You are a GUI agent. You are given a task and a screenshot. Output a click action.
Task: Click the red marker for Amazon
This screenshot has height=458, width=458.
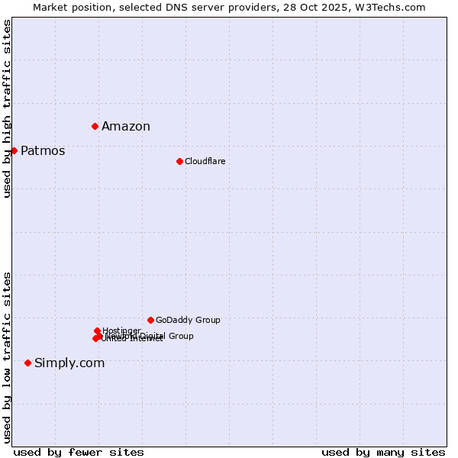(x=95, y=126)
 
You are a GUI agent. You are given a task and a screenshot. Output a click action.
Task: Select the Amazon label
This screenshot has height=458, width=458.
(x=126, y=127)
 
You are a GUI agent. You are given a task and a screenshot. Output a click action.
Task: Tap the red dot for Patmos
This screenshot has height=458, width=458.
(x=14, y=150)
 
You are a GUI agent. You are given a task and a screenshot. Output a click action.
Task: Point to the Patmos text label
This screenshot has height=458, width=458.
(x=43, y=151)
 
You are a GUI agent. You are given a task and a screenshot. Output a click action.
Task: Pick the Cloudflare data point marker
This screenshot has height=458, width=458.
(x=179, y=161)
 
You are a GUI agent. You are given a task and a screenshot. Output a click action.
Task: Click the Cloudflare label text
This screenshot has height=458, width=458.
(x=205, y=161)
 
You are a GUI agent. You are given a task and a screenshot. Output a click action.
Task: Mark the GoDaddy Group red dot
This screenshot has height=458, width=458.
(x=150, y=320)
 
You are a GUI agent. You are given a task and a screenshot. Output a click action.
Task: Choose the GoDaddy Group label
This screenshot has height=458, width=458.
(x=188, y=321)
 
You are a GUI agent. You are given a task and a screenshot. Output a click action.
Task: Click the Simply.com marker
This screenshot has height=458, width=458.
(x=27, y=363)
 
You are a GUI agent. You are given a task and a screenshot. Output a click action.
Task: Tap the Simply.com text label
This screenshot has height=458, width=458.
(x=69, y=363)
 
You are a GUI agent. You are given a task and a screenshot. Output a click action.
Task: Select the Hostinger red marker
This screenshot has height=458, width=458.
(x=97, y=331)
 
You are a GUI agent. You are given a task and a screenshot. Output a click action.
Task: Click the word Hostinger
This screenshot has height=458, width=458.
(x=121, y=331)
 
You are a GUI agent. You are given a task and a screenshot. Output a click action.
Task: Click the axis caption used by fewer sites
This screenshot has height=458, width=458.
(x=79, y=452)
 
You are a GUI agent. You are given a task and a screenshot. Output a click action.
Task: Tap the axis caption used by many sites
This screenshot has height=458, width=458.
(x=383, y=452)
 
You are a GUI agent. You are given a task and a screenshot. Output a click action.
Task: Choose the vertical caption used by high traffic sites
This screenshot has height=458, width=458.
(x=7, y=108)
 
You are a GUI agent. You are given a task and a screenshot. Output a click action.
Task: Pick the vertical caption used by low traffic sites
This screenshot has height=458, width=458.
(x=7, y=357)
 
